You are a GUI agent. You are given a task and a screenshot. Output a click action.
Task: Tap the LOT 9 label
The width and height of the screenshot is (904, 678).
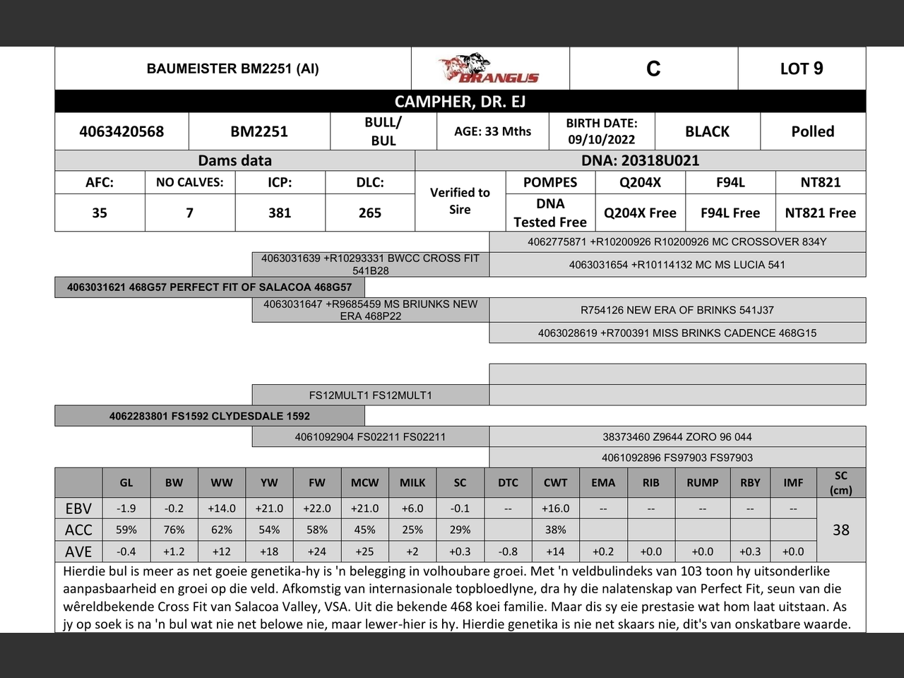[x=801, y=69]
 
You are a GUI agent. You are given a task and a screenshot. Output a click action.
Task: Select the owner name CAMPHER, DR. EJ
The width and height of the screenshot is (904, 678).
[x=460, y=102]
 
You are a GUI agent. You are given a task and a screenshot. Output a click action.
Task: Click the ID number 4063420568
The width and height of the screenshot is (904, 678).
[x=121, y=131]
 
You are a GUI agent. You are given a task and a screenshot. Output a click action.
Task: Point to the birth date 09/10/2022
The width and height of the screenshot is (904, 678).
[x=601, y=140]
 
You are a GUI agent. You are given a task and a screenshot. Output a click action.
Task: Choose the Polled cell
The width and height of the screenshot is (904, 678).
[x=812, y=131]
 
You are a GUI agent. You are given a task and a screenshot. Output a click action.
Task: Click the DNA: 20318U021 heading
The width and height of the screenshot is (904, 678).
[x=640, y=160]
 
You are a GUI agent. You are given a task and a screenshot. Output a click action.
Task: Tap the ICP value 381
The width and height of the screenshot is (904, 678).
[x=280, y=213]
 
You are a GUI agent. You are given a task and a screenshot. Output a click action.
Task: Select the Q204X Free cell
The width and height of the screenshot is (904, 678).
[x=640, y=213]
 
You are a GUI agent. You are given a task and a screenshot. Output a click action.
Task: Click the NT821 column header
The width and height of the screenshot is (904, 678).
[x=820, y=182]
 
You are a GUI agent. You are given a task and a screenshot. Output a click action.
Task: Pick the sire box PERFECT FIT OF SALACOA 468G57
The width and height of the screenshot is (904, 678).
[x=210, y=287]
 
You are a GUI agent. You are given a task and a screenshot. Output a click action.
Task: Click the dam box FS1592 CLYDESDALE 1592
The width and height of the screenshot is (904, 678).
[x=210, y=416]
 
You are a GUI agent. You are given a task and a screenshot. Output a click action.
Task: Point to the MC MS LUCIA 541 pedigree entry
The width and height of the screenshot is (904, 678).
[x=677, y=265]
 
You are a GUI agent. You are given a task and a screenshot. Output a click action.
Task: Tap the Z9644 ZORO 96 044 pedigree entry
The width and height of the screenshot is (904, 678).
[x=677, y=436]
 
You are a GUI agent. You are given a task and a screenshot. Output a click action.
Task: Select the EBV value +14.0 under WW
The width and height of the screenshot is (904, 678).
[x=221, y=509]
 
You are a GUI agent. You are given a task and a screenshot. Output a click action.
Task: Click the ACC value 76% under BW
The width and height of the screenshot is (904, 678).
[x=174, y=530]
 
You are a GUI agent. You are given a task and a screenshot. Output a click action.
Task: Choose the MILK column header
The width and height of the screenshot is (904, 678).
[x=412, y=483]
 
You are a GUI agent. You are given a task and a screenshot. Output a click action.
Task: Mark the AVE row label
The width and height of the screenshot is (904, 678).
[x=78, y=552]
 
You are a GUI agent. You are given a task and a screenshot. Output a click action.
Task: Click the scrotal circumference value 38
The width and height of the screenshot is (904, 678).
[x=840, y=530]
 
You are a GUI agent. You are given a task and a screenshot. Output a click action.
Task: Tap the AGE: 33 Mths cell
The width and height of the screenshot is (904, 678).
[x=492, y=131]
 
